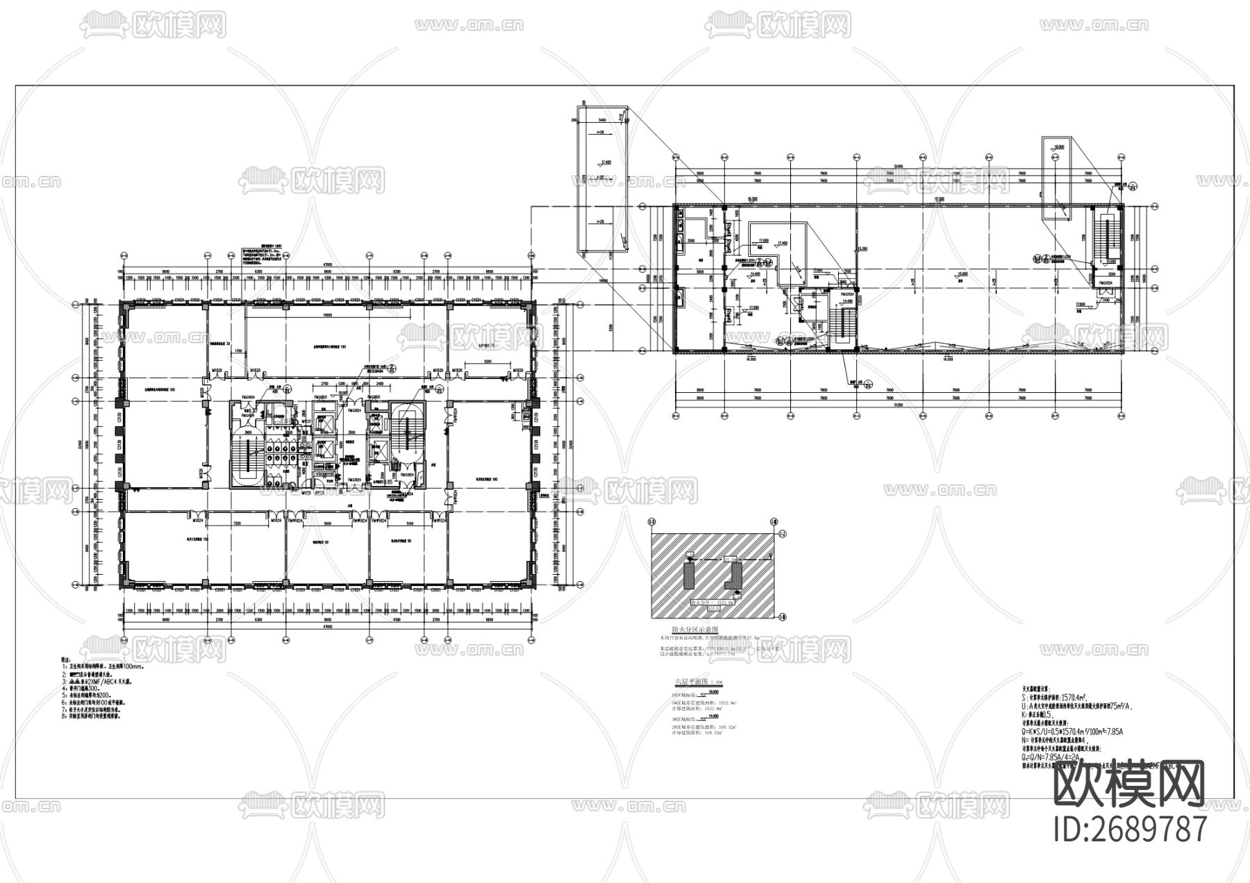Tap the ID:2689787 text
pyautogui.click(x=1130, y=829)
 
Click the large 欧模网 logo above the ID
pyautogui.click(x=1129, y=783)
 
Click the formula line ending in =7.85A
pyautogui.click(x=1062, y=730)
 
